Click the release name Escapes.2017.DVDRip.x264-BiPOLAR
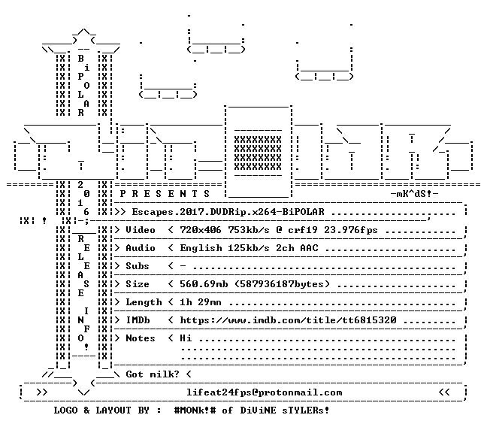click(228, 212)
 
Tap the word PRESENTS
click(165, 194)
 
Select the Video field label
click(140, 230)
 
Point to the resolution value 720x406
click(201, 230)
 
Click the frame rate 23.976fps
click(351, 230)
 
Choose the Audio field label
click(140, 248)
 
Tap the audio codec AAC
click(309, 248)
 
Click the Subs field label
click(138, 266)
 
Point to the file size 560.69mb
click(204, 284)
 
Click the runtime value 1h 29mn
click(201, 302)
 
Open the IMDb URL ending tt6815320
click(288, 320)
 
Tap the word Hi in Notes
click(186, 338)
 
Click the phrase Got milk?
click(153, 374)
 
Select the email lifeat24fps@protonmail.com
click(265, 392)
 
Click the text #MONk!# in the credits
click(195, 410)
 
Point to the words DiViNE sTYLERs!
click(285, 410)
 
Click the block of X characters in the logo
click(258, 153)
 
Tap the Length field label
click(144, 302)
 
